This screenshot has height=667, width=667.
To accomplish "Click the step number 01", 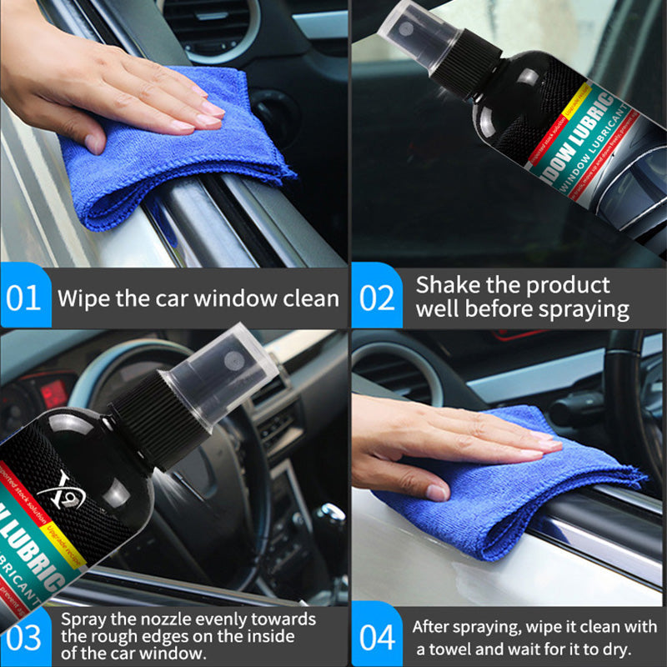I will pos(24,298).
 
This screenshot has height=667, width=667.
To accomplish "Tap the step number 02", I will pos(378,298).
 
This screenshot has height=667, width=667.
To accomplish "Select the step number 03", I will pos(24,639).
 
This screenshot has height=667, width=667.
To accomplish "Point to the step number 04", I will pos(378,639).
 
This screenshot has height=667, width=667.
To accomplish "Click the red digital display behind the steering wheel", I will pos(55,392).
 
